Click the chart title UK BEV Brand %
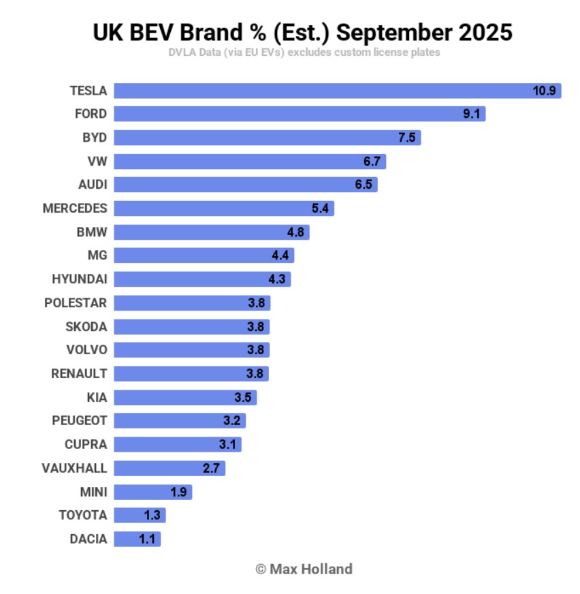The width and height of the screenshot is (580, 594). click(302, 31)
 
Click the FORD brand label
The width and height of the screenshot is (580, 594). click(91, 114)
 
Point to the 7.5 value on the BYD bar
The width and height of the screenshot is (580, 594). click(406, 138)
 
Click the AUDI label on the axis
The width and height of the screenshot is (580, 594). click(93, 185)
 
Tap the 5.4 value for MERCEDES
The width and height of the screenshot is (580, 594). click(320, 208)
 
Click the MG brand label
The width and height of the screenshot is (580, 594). click(97, 255)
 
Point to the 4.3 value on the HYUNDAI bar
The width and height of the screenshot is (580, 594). click(277, 279)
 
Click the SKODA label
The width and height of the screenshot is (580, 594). click(86, 326)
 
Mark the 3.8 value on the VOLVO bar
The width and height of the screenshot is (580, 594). click(255, 350)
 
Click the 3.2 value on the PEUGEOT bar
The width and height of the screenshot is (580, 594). click(231, 421)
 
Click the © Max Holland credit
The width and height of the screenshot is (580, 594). click(304, 568)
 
